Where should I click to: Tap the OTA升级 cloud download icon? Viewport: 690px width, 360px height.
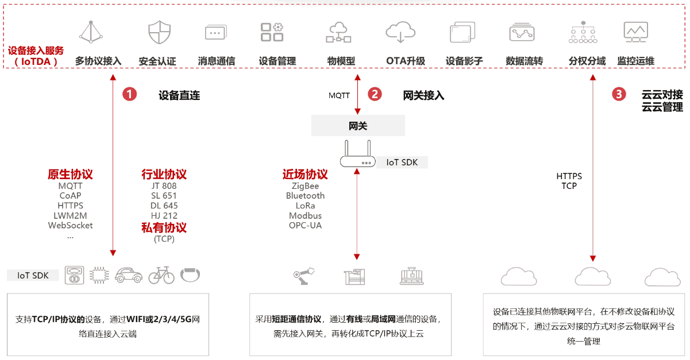pyautogui.click(x=400, y=32)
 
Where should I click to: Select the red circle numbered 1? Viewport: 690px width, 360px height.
pyautogui.click(x=130, y=94)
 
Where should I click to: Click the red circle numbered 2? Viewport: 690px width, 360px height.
pyautogui.click(x=375, y=94)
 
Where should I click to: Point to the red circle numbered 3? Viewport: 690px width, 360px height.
pyautogui.click(x=619, y=94)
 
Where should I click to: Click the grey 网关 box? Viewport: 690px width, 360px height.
pyautogui.click(x=358, y=126)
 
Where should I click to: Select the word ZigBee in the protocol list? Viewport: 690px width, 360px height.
pyautogui.click(x=305, y=186)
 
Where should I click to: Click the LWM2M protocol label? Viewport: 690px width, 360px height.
pyautogui.click(x=70, y=215)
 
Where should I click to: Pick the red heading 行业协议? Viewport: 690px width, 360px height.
pyautogui.click(x=164, y=174)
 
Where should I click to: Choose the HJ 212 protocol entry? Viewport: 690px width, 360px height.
pyautogui.click(x=164, y=215)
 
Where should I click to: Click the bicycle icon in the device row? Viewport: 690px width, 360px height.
pyautogui.click(x=161, y=276)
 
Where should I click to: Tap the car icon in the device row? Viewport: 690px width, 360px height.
pyautogui.click(x=129, y=276)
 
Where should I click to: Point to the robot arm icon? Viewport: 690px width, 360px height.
pyautogui.click(x=304, y=276)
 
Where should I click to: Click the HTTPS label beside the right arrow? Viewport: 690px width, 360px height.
pyautogui.click(x=569, y=176)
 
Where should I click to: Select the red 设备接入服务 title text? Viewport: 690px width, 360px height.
pyautogui.click(x=36, y=51)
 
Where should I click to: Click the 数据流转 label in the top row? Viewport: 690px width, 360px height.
pyautogui.click(x=524, y=61)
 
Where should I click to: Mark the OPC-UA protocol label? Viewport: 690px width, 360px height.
pyautogui.click(x=305, y=225)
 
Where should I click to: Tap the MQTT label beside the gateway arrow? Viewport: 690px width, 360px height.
pyautogui.click(x=339, y=95)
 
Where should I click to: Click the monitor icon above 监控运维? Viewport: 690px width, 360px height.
pyautogui.click(x=636, y=32)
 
